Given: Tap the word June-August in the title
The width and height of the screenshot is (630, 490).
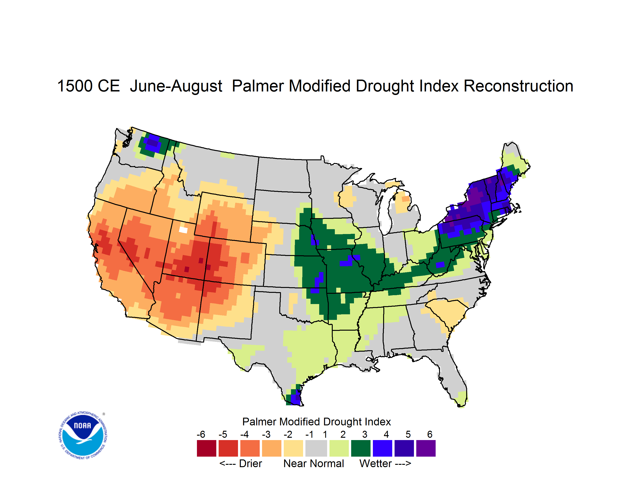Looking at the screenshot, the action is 176,86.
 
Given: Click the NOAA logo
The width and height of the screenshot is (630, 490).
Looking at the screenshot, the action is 83,435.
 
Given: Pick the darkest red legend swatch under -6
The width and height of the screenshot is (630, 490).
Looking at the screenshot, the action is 206,448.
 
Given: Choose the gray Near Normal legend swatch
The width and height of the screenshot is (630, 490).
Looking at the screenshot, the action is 316,448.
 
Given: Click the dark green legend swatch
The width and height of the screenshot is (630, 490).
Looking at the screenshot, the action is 360,448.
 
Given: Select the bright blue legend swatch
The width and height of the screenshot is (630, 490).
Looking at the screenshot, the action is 382,448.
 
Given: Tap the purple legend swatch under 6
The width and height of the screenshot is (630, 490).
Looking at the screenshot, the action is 426,448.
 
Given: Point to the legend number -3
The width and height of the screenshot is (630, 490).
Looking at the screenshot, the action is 266,434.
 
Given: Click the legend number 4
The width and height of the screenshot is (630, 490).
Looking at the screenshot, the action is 386,434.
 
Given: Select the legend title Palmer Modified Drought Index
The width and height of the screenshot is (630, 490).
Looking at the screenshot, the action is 316,422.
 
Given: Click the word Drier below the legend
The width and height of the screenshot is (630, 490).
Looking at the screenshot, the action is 250,463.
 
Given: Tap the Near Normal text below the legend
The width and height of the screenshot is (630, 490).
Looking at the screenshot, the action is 314,463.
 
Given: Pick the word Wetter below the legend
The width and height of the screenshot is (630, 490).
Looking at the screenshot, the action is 375,463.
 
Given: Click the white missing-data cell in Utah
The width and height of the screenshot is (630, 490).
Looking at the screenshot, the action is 183,230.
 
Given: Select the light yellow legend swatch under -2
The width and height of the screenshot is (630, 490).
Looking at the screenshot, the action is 293,448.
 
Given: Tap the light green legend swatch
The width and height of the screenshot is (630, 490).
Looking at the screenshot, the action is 339,448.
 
